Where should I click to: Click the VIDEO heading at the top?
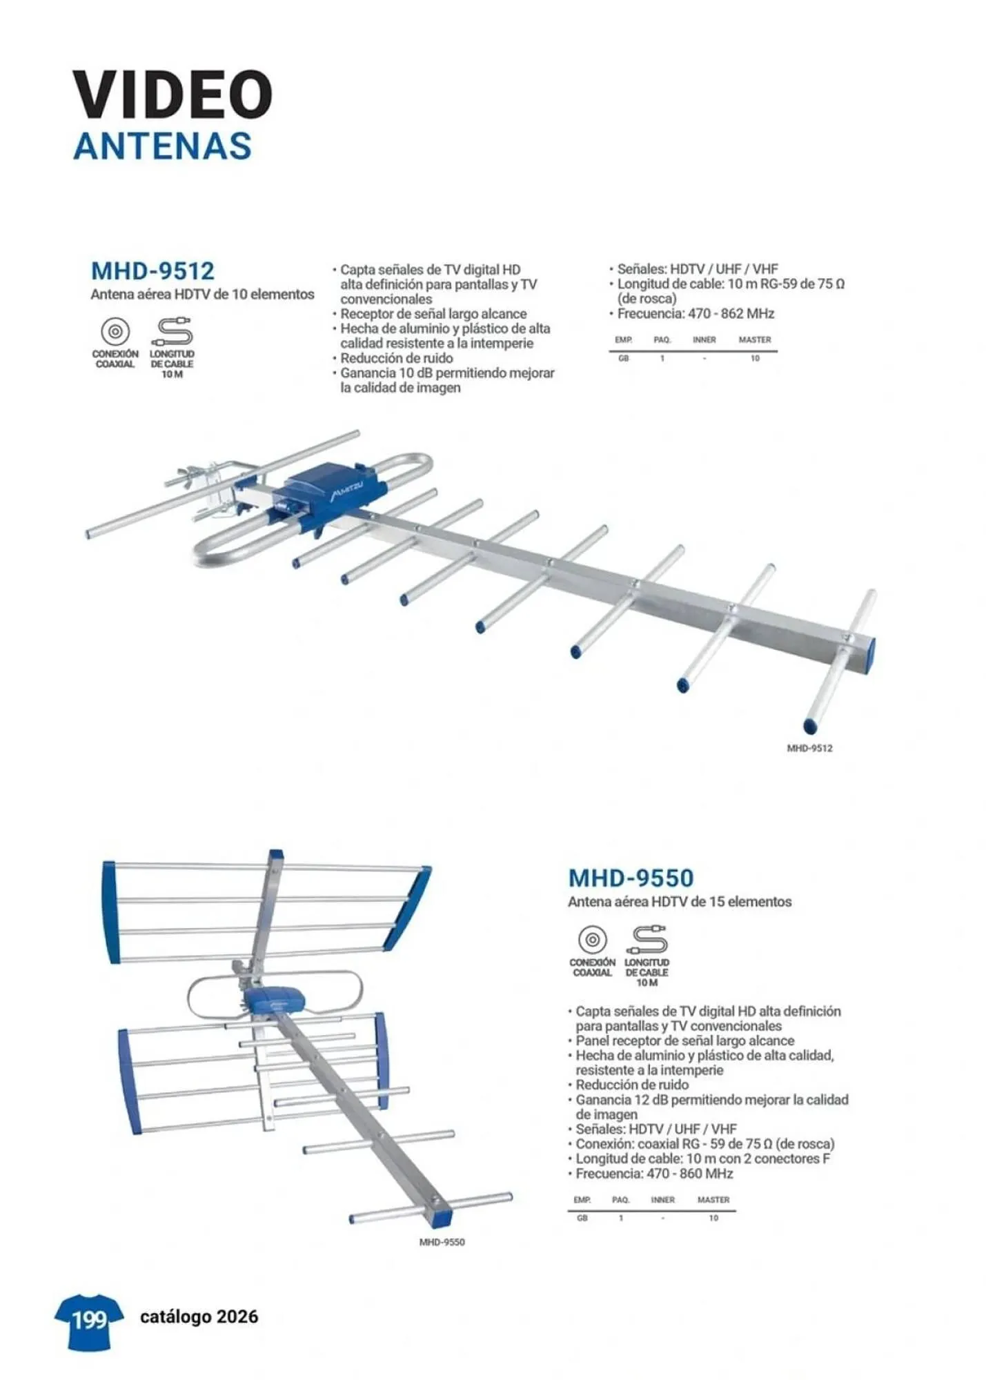[x=172, y=94]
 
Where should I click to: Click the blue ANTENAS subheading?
[x=162, y=146]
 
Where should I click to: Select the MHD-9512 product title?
[x=152, y=270]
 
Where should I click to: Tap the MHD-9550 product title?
[x=630, y=878]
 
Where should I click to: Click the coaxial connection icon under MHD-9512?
[x=115, y=332]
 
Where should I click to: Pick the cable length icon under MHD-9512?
[x=172, y=332]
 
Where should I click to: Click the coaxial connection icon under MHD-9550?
[x=592, y=940]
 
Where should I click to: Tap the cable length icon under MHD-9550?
[x=647, y=940]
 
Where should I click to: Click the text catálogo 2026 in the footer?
[x=199, y=1317]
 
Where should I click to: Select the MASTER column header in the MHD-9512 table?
[x=754, y=339]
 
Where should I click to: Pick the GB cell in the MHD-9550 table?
[x=582, y=1218]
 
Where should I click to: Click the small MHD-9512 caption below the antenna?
[x=809, y=748]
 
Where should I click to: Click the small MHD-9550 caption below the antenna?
[x=442, y=1242]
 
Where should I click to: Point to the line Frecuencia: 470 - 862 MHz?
[x=696, y=313]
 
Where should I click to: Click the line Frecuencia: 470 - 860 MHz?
[x=654, y=1173]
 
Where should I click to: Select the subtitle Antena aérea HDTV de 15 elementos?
[x=679, y=901]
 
